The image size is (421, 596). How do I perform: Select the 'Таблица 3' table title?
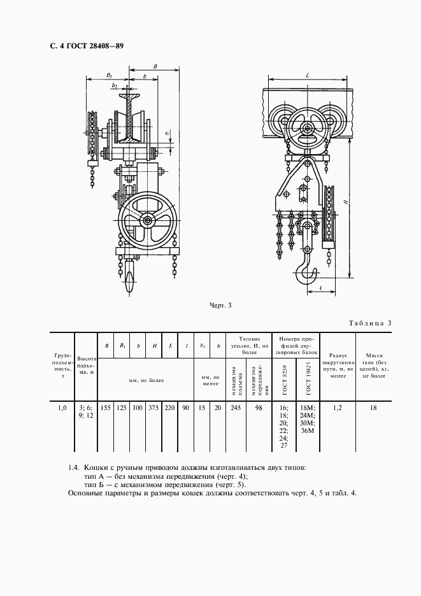click(370, 323)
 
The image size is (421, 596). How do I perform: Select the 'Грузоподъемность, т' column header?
click(62, 367)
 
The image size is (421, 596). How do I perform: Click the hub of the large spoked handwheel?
click(148, 220)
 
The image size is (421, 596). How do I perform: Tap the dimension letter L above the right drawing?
click(307, 75)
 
